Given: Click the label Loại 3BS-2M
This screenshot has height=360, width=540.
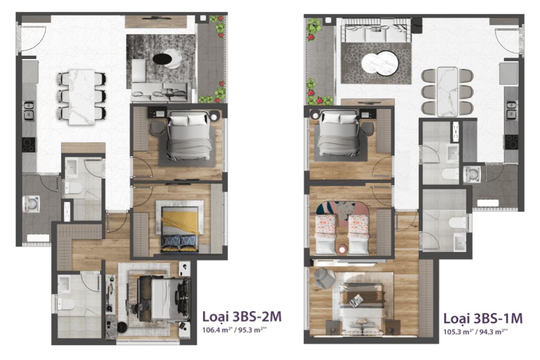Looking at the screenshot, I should pos(242,317).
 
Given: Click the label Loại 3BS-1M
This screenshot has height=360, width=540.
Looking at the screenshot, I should pos(483,318).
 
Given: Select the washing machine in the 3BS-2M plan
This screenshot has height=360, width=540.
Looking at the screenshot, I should pos(32,204).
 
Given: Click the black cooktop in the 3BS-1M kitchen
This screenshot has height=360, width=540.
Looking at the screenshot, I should pos(512,141).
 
